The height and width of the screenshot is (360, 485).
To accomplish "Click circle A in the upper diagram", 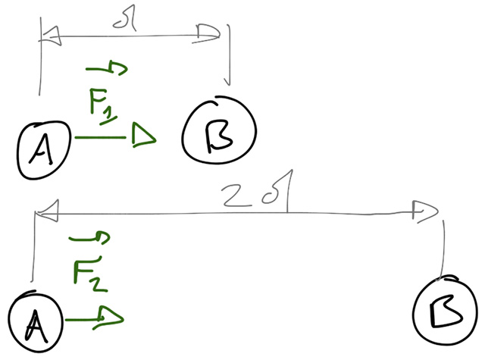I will click(43, 146).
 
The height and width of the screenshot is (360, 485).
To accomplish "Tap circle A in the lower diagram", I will click(35, 321).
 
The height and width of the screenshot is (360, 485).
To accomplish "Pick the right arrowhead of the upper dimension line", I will click(210, 32).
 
